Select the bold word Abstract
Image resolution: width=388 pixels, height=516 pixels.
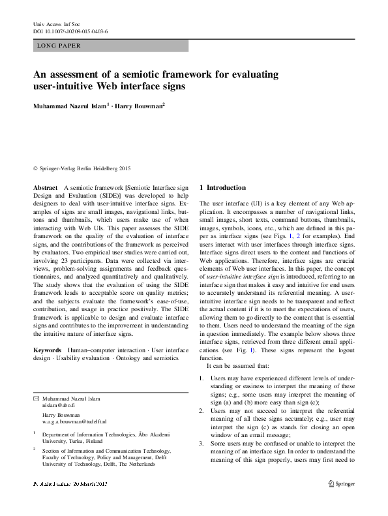45,187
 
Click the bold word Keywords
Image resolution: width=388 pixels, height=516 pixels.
48,350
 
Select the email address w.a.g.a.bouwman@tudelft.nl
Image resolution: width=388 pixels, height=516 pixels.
73,422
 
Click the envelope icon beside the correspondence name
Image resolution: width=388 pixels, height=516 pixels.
36,397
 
